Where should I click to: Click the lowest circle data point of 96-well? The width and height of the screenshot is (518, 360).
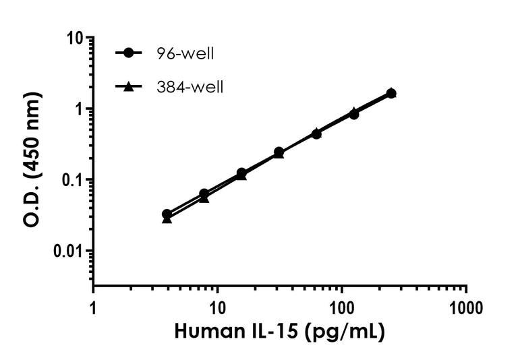coord(167,214)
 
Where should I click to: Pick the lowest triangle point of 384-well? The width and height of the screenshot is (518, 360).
coord(167,220)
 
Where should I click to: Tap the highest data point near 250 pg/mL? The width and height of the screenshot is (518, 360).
coord(391,93)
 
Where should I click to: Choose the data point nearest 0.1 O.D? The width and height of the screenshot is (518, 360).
coord(241,173)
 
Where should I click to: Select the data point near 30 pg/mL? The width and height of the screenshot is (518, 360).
coord(279,152)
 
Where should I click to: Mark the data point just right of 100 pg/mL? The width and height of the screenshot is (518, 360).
coord(353,113)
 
